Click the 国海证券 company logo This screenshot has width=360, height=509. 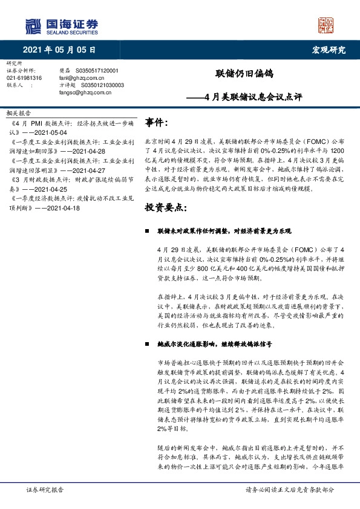[61, 25]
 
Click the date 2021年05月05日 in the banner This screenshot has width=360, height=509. [59, 50]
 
